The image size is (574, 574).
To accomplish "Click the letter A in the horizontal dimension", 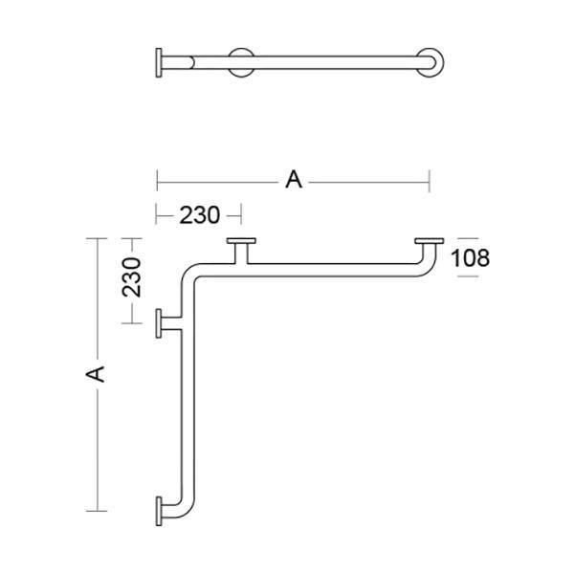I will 293,179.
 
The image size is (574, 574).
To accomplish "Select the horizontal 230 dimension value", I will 200,214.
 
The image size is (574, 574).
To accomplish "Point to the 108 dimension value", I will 470,257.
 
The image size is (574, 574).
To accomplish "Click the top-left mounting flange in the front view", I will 242,242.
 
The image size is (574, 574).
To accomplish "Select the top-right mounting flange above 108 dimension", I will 430,242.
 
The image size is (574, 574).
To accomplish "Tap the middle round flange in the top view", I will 242,63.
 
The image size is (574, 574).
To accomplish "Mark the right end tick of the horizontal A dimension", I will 430,179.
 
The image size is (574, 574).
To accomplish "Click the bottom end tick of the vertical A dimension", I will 96,510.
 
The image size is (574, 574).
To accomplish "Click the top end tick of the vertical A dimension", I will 96,237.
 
